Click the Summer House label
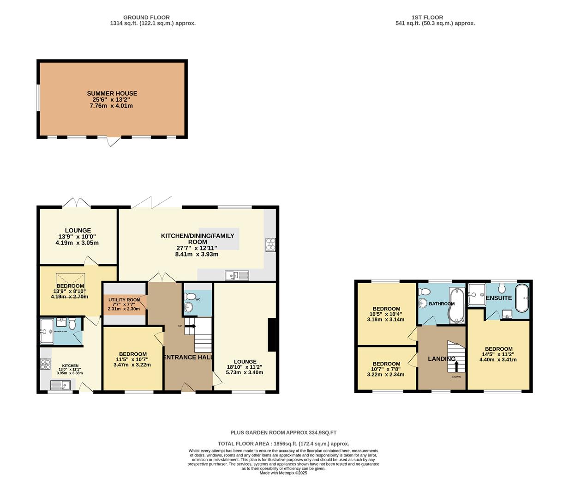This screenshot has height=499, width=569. click(x=112, y=93)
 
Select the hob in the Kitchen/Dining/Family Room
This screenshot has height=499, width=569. click(x=270, y=245)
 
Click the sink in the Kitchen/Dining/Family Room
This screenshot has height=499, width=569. click(x=237, y=276)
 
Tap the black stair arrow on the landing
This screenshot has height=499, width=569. click(x=456, y=366)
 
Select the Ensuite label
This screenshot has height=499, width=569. click(x=499, y=298)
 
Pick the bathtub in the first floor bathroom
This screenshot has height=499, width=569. click(x=456, y=305)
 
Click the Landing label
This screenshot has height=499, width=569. click(x=442, y=359)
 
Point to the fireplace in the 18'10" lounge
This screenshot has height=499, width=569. click(x=272, y=335)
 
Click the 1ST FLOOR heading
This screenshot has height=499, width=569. click(x=435, y=17)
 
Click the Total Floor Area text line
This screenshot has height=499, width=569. click(x=283, y=444)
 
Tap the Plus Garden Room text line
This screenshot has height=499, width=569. click(x=283, y=433)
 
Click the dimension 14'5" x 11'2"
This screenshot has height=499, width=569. click(x=498, y=354)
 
